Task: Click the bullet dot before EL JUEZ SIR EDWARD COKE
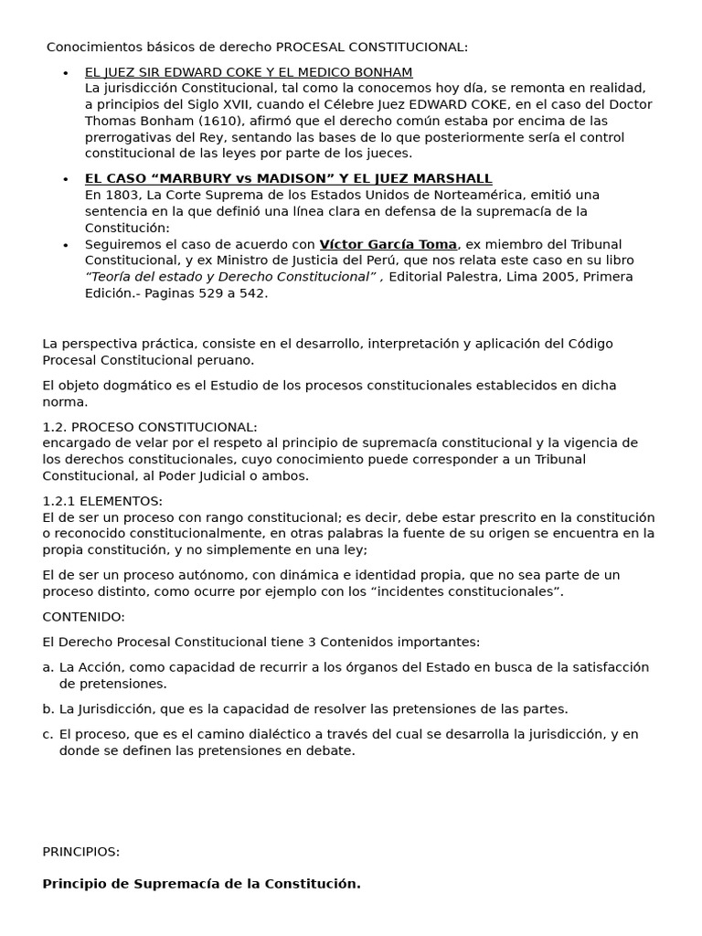pyautogui.click(x=65, y=73)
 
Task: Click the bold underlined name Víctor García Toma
pyautogui.click(x=388, y=244)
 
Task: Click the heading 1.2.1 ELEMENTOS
pyautogui.click(x=102, y=501)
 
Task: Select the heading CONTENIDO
pyautogui.click(x=83, y=617)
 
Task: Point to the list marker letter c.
pyautogui.click(x=48, y=734)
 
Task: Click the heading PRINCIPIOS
pyautogui.click(x=80, y=851)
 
